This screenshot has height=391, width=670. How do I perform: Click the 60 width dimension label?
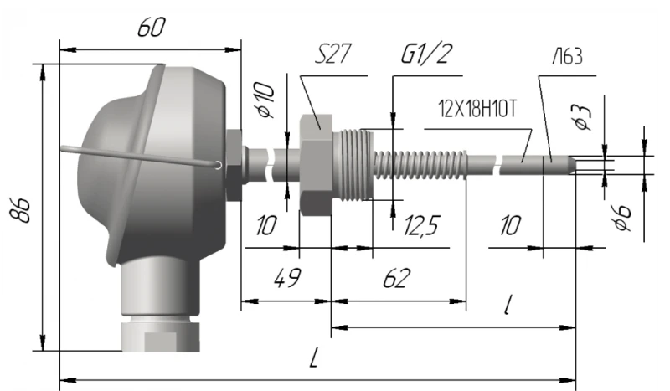(x=151, y=28)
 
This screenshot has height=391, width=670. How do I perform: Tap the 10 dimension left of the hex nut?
(x=266, y=226)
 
